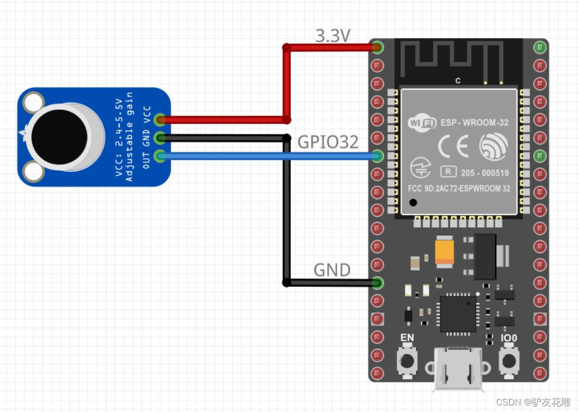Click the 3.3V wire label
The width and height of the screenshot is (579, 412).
tap(333, 36)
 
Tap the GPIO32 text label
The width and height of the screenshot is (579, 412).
tap(328, 142)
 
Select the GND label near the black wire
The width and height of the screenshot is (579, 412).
tap(332, 270)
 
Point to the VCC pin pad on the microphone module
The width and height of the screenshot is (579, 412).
tap(160, 120)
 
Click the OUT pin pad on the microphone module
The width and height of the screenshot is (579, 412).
tap(160, 156)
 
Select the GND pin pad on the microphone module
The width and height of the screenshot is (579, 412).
tap(160, 138)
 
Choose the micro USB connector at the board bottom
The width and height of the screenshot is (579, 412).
tap(458, 371)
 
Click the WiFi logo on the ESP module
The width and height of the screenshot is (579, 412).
tap(422, 122)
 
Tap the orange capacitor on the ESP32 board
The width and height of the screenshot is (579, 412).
tap(444, 253)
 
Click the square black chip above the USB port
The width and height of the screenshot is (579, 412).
tap(458, 313)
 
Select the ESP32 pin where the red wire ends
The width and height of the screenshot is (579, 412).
tap(377, 47)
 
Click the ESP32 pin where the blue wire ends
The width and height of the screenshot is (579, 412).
tap(377, 156)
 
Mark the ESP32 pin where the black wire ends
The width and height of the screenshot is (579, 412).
tap(377, 283)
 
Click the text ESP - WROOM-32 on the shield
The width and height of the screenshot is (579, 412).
tap(474, 122)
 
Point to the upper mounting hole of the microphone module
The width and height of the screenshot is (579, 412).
tap(33, 101)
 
